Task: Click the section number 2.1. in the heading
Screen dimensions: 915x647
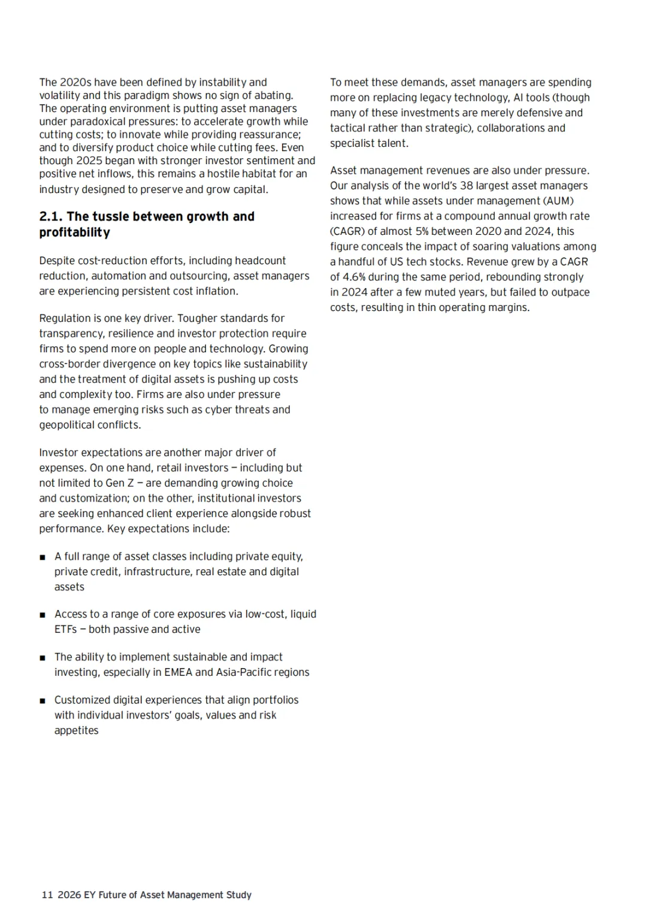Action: pyautogui.click(x=51, y=216)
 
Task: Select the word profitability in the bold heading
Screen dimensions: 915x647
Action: pyautogui.click(x=75, y=232)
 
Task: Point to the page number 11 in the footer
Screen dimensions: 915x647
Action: pyautogui.click(x=47, y=895)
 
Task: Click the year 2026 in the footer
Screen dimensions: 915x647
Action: pyautogui.click(x=69, y=895)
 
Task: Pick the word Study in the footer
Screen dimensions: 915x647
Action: pyautogui.click(x=238, y=895)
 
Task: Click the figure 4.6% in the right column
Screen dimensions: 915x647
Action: pyautogui.click(x=353, y=277)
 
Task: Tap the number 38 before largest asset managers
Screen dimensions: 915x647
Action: pyautogui.click(x=467, y=186)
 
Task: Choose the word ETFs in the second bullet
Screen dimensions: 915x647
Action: pyautogui.click(x=65, y=629)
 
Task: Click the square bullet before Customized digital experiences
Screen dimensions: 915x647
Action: pyautogui.click(x=43, y=700)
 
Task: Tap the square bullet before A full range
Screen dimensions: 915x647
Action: pyautogui.click(x=43, y=557)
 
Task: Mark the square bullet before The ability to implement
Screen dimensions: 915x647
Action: pyautogui.click(x=43, y=658)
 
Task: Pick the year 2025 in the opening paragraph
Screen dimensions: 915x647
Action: pyautogui.click(x=89, y=161)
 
